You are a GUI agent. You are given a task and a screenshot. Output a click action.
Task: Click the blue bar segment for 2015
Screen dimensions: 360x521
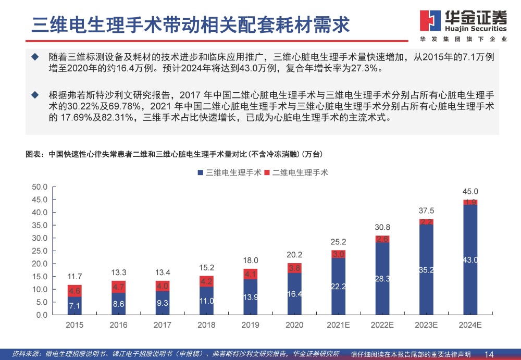coord(75,305)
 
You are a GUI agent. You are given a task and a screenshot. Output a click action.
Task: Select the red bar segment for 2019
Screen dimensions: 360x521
coord(251,274)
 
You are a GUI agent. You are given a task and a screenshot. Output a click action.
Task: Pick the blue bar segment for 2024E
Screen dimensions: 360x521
coord(470,259)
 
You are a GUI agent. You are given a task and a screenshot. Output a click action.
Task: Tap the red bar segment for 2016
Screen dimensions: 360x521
coord(118,287)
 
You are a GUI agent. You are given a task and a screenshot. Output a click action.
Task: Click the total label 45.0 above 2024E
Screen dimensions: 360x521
coord(470,192)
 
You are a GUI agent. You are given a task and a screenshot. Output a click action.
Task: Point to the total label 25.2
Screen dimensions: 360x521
coord(339,242)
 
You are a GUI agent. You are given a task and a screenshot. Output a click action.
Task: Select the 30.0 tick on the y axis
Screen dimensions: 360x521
coord(40,238)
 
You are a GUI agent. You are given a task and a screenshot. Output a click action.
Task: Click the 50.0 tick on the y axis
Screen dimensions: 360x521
coord(40,187)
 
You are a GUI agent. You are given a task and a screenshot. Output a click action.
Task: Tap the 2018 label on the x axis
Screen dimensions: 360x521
coord(207,324)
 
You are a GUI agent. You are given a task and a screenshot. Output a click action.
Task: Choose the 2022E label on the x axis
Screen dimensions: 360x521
coord(382,324)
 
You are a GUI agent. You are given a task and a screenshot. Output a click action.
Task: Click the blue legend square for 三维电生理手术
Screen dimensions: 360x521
coord(201,172)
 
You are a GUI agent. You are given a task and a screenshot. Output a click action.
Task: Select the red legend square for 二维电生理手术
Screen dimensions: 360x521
coord(267,172)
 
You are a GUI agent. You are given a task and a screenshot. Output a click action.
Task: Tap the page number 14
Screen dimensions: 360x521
coord(489,354)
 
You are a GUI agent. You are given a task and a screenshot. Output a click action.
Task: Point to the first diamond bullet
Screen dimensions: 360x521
coord(35,56)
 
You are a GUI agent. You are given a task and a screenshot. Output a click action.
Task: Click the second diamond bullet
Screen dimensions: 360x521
coord(35,94)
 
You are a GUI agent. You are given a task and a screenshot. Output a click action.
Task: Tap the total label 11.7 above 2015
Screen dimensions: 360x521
coord(75,277)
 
